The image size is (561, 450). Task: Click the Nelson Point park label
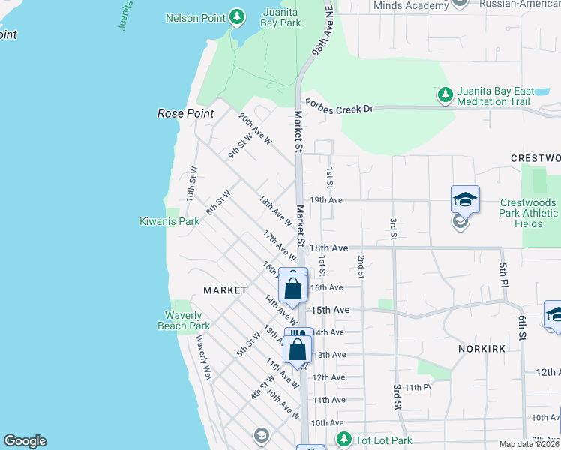[196, 16]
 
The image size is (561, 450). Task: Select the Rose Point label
[185, 113]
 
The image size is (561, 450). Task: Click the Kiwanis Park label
[169, 221]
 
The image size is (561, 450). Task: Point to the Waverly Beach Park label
[184, 320]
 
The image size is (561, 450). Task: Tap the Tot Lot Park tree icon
[344, 438]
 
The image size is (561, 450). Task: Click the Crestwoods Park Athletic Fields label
[529, 213]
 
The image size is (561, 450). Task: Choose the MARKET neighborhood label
[225, 289]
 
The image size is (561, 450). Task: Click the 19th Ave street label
[326, 200]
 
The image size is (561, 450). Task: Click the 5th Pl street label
[504, 274]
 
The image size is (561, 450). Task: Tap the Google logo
[25, 441]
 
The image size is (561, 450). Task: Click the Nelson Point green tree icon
[237, 16]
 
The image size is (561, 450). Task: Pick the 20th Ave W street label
[255, 128]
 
